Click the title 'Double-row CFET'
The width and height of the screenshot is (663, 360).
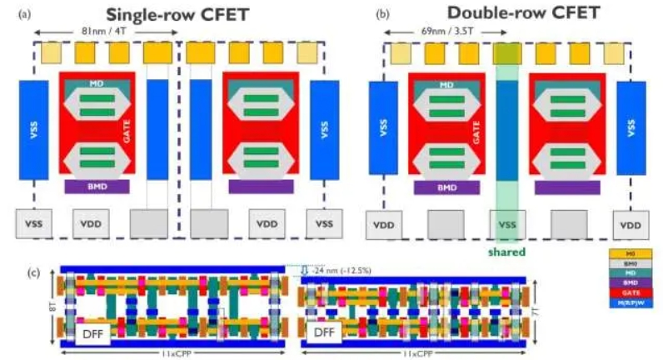521,12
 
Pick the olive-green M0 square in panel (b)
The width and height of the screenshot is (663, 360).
506,53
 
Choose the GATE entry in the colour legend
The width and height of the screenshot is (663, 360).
631,292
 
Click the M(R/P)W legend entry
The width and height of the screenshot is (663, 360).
631,303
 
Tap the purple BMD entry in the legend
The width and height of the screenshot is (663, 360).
631,282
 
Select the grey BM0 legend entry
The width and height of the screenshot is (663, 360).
631,262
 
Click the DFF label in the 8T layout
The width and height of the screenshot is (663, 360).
92,334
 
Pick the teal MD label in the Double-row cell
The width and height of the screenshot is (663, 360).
446,84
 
